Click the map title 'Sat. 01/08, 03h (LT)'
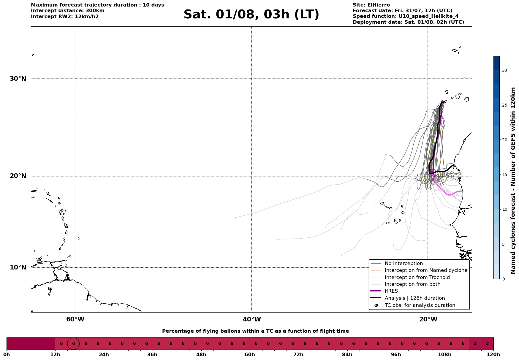click(x=251, y=15)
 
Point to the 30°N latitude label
click(x=18, y=79)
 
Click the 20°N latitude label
click(x=18, y=176)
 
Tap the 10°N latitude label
click(x=18, y=267)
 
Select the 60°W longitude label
click(x=75, y=319)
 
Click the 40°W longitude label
click(x=252, y=319)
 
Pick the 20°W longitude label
click(x=428, y=319)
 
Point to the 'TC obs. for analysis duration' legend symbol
click(x=376, y=305)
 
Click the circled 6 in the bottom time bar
click(x=73, y=344)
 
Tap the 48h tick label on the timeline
click(x=201, y=354)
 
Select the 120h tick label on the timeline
click(x=493, y=354)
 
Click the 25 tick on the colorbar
click(x=504, y=105)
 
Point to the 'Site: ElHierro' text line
click(x=371, y=5)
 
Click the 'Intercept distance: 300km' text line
click(x=68, y=11)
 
